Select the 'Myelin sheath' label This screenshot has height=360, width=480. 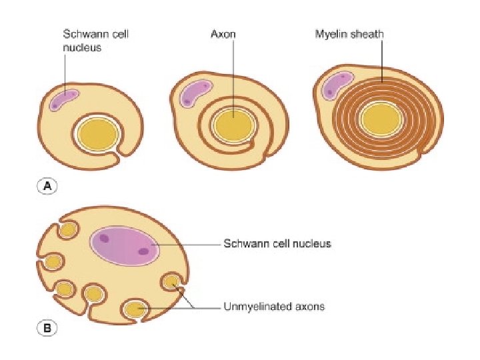(349, 33)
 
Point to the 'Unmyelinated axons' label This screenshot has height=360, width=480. (273, 307)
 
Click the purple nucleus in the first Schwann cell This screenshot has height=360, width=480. (64, 100)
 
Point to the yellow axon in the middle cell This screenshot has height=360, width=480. (233, 123)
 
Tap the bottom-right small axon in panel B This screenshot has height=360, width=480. (173, 282)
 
